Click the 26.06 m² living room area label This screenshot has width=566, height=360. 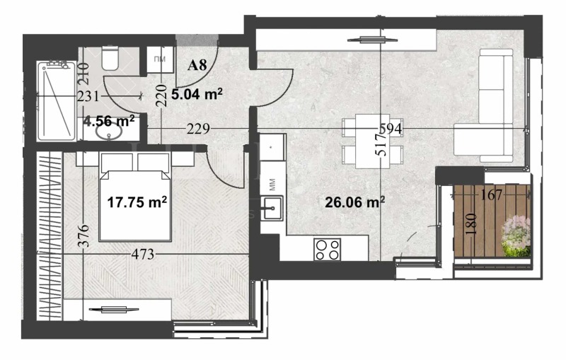354,202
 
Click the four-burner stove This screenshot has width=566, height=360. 328,248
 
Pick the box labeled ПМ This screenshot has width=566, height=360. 160,59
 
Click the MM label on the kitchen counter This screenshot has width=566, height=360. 272,185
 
